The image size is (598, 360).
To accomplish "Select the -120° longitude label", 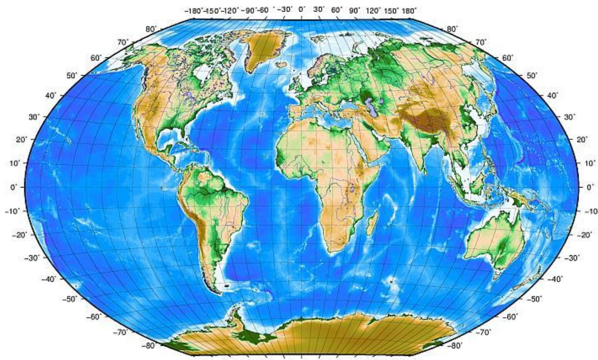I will coord(232,11).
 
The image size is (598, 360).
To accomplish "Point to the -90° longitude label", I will coord(249,11).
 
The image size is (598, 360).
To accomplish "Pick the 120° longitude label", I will coord(373,11).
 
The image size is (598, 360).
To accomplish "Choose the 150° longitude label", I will coord(392,11).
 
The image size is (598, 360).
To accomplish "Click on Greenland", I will coord(263,46).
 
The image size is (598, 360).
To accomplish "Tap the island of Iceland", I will coord(282,65).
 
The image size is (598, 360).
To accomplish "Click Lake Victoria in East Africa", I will coord(353,188).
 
